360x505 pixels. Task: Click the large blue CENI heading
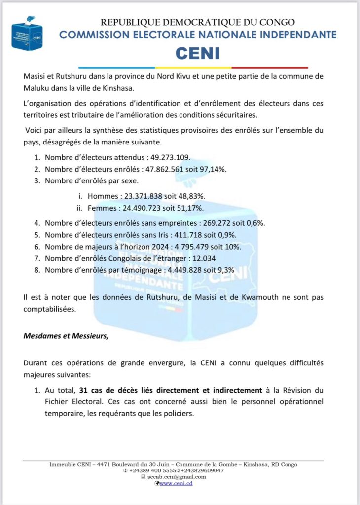coord(197,53)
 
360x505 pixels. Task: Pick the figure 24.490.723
coord(139,207)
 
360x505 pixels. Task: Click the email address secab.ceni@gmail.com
coord(176,477)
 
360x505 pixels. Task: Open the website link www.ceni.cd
coord(176,483)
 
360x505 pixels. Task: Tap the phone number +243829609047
coord(199,470)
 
